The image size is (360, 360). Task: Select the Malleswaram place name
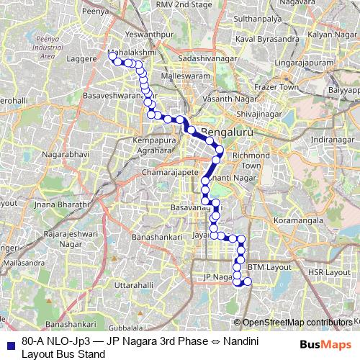pyautogui.click(x=184, y=75)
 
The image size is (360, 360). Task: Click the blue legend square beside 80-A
pyautogui.click(x=8, y=342)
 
